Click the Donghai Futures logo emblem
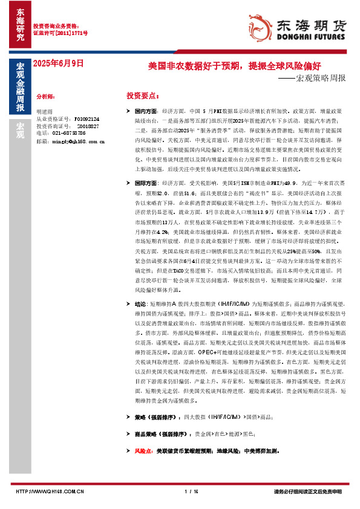pyautogui.click(x=262, y=26)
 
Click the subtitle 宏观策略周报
pyautogui.click(x=319, y=79)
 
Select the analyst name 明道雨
pyautogui.click(x=45, y=112)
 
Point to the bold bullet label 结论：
pyautogui.click(x=141, y=304)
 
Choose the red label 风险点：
pyautogui.click(x=144, y=451)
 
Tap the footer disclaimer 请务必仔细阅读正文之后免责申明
pyautogui.click(x=308, y=491)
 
